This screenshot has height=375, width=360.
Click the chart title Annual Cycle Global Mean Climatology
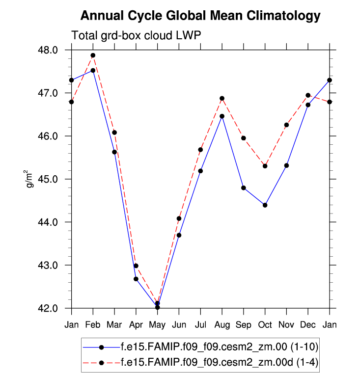(200, 16)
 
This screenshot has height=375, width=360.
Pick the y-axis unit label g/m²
(30, 179)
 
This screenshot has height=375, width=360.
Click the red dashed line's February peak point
(93, 55)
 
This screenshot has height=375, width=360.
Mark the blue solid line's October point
(265, 205)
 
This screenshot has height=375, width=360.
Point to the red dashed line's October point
(265, 166)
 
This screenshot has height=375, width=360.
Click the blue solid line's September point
(244, 188)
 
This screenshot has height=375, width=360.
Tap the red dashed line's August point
(222, 98)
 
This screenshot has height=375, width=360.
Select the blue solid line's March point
(114, 152)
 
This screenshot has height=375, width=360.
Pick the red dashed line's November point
(286, 125)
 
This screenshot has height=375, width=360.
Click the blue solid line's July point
(200, 171)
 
